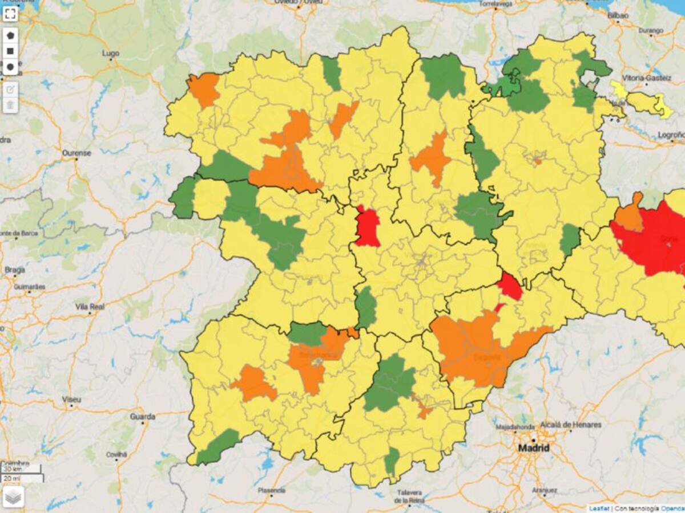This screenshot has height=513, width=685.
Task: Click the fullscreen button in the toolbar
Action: click(x=10, y=13)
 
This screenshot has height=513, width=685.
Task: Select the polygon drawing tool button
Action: click(x=10, y=35)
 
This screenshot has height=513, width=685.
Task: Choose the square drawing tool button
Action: click(x=10, y=51)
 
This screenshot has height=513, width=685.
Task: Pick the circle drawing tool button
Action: click(x=10, y=67)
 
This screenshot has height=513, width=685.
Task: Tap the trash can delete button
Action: click(x=10, y=105)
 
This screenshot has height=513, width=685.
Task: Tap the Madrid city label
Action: click(x=533, y=448)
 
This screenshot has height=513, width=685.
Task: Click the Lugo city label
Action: click(x=110, y=54)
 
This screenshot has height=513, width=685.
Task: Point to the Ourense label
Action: click(x=76, y=153)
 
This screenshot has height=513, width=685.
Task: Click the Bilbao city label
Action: click(x=618, y=15)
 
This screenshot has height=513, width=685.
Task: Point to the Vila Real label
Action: click(x=90, y=307)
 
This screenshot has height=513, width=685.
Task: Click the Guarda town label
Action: click(x=142, y=417)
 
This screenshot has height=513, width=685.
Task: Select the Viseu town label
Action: click(x=71, y=400)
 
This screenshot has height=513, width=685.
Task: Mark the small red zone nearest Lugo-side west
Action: click(x=367, y=227)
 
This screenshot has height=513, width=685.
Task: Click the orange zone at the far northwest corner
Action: click(x=203, y=89)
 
